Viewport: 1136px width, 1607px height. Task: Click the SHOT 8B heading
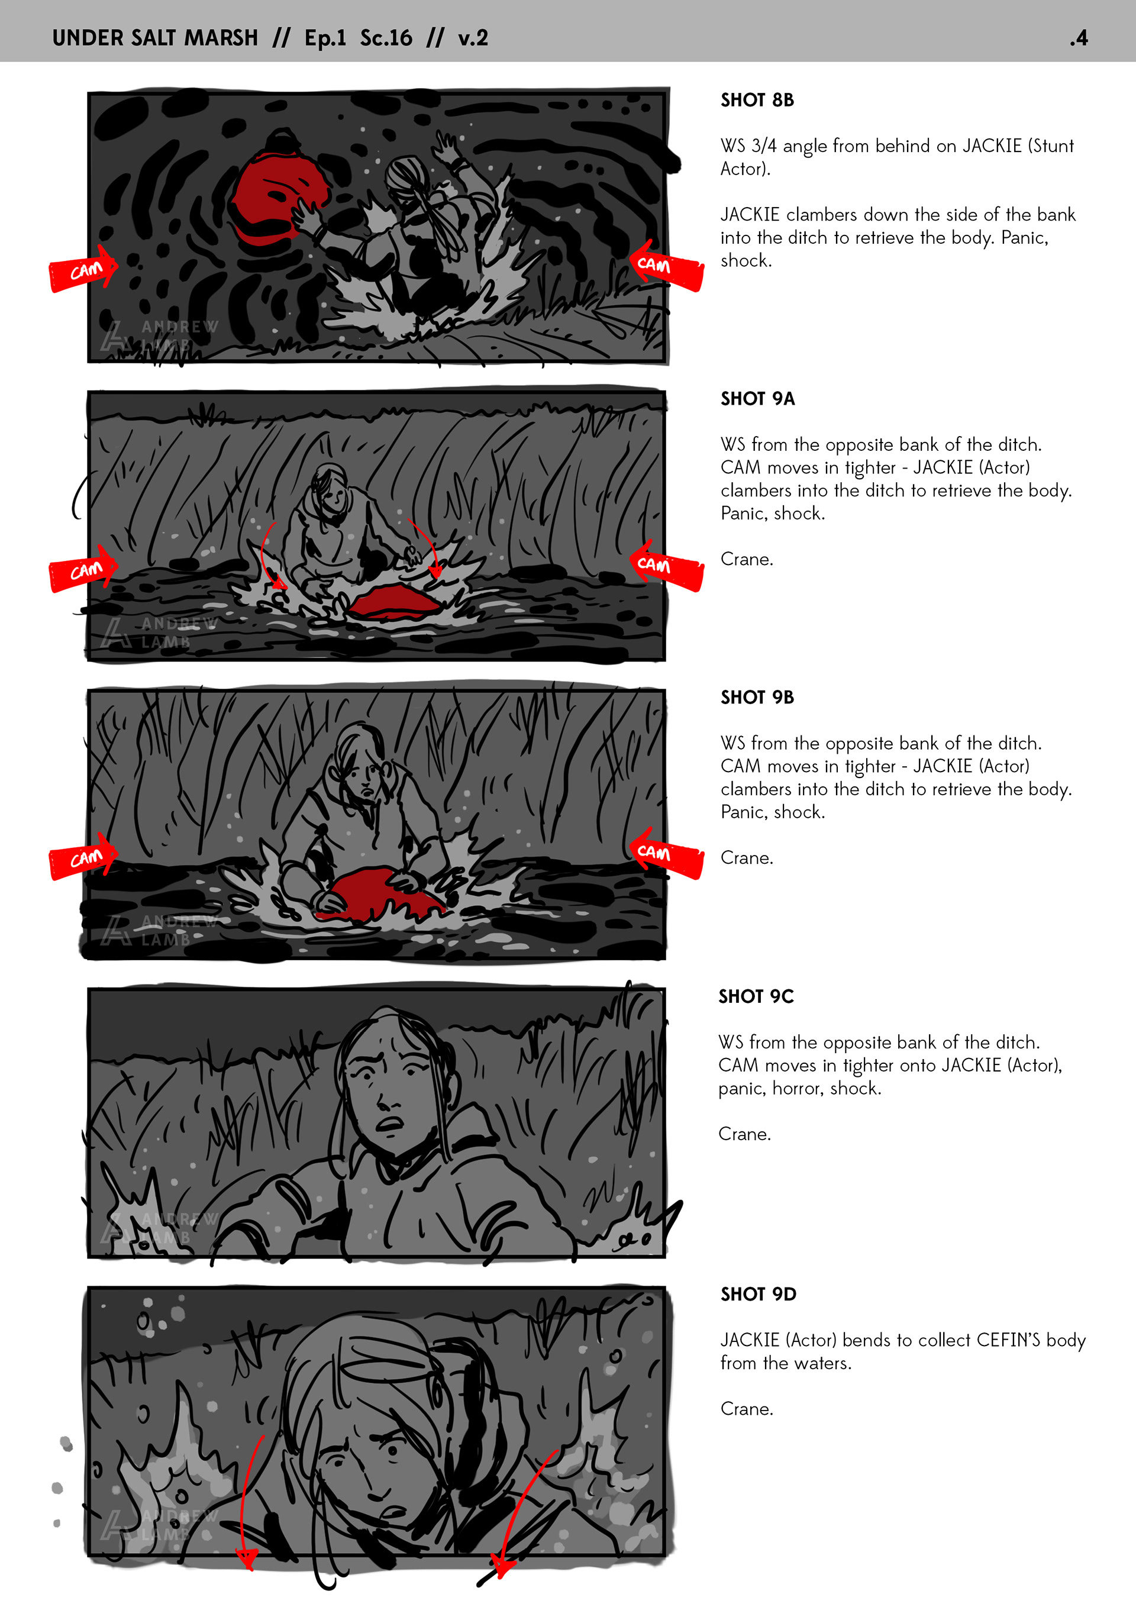(757, 100)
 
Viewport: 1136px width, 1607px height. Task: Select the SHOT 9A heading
(757, 399)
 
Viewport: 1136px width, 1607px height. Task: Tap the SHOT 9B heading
(757, 698)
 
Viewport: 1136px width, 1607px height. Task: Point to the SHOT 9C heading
(756, 996)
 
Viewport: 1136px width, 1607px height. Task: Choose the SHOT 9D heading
(758, 1295)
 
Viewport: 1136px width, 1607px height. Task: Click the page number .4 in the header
(1079, 38)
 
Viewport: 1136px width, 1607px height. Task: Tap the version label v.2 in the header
(473, 38)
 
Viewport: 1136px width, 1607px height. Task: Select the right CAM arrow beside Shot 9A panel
(667, 565)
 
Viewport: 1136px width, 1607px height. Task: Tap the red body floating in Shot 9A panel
(395, 602)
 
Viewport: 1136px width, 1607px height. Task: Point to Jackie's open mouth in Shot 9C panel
(390, 1124)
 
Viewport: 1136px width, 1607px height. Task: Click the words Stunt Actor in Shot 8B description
(898, 157)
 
